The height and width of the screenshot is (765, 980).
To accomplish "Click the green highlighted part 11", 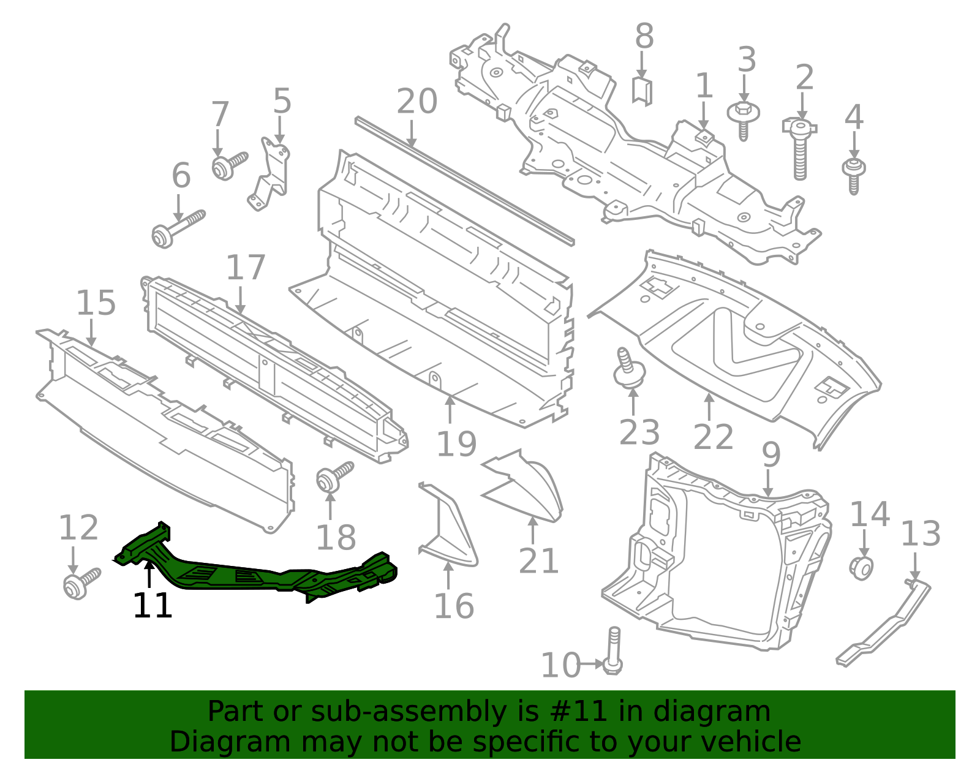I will click(257, 573).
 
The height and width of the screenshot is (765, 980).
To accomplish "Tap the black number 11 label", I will click(153, 606).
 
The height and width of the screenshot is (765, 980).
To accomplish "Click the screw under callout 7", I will click(227, 165).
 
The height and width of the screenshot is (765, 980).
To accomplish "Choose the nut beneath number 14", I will click(862, 568).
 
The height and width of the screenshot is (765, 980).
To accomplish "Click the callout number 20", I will click(417, 101).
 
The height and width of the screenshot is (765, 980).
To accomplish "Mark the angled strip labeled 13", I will click(885, 625).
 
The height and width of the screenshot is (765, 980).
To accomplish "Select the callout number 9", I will click(771, 454).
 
